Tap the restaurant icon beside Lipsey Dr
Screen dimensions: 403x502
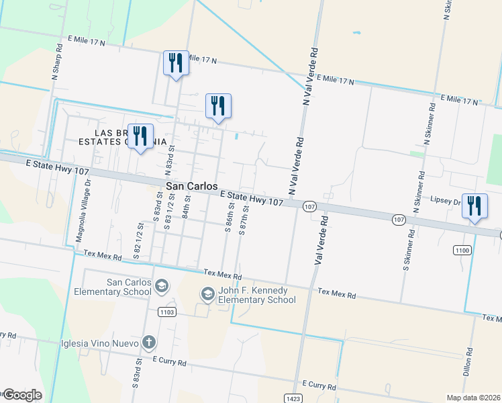click(x=474, y=206)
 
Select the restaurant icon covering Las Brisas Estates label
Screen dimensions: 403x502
click(x=140, y=136)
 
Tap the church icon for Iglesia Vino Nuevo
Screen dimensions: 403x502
click(x=148, y=343)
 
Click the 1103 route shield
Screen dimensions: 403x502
click(x=167, y=312)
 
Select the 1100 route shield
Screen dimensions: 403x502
click(x=462, y=251)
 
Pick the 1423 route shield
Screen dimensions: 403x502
click(x=293, y=398)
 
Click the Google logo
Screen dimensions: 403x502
click(x=21, y=395)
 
